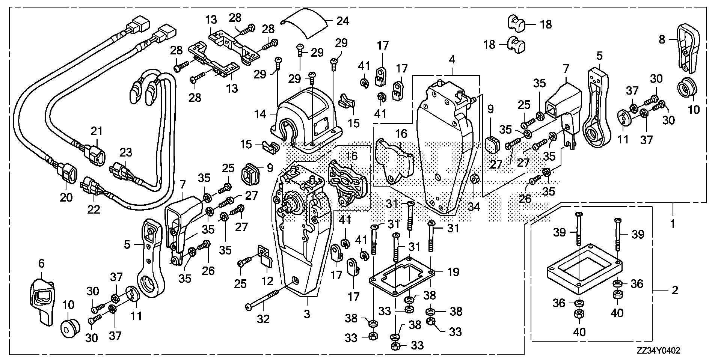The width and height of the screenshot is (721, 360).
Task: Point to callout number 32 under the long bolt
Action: tap(263, 319)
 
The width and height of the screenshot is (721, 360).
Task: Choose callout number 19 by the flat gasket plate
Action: tap(453, 271)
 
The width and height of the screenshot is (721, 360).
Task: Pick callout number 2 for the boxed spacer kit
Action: tap(675, 290)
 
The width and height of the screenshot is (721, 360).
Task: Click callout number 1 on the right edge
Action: tap(673, 224)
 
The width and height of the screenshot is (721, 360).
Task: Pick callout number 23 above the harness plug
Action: tap(126, 153)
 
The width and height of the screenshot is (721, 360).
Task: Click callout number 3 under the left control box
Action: tap(307, 314)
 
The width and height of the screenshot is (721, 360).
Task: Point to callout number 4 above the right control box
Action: tap(452, 59)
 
